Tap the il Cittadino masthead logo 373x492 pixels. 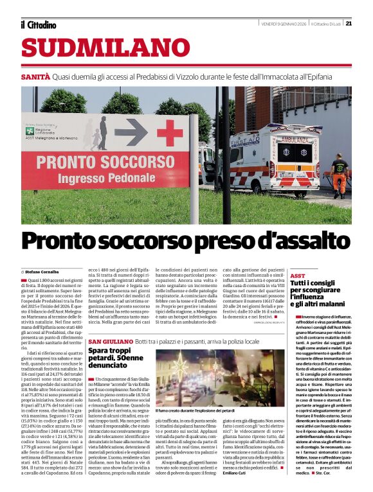click(x=38, y=25)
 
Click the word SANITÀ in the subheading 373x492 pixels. click(x=35, y=76)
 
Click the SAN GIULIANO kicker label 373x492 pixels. click(x=110, y=340)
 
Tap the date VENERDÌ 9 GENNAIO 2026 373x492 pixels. click(x=283, y=24)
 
